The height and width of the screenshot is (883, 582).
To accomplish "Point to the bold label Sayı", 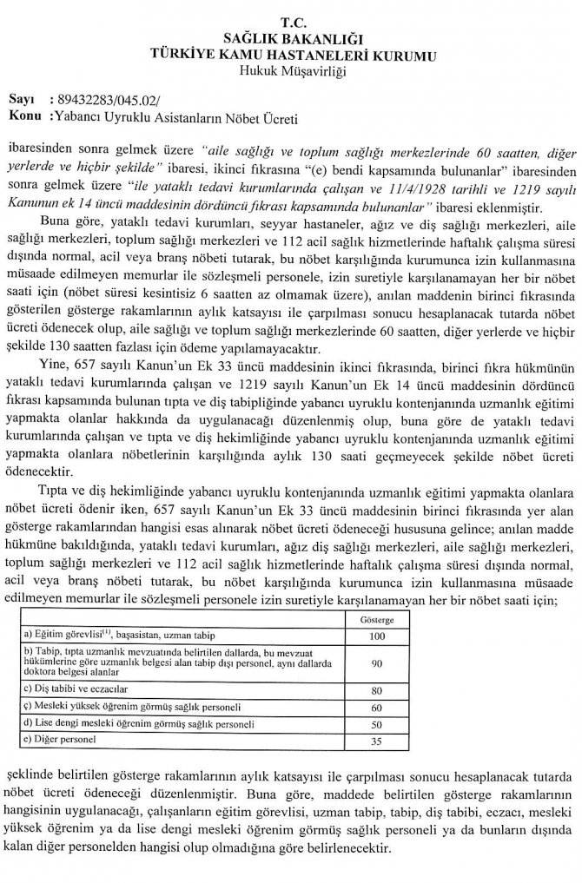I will tap(20, 100).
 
